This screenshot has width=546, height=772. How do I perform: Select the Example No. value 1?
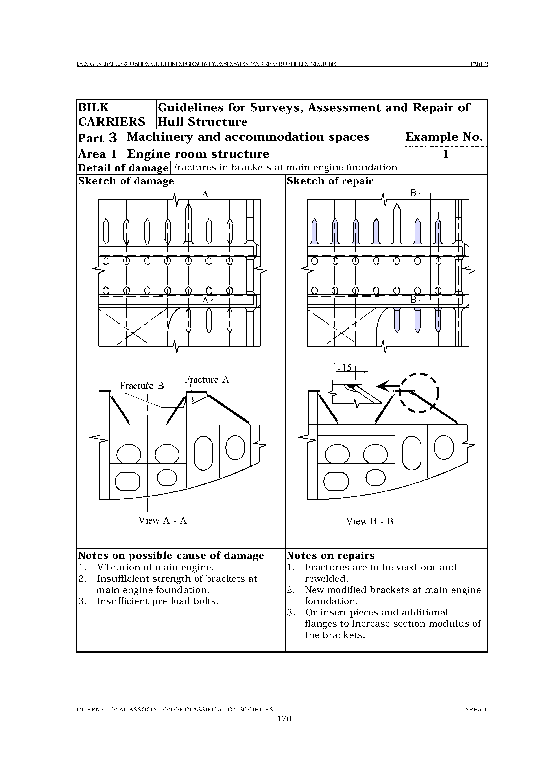[x=445, y=154]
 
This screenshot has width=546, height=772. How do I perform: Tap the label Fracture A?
[x=207, y=380]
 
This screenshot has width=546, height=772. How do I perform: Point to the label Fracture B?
[x=142, y=386]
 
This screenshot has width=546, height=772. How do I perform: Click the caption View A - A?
[x=162, y=520]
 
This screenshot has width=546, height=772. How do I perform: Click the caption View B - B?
[x=369, y=522]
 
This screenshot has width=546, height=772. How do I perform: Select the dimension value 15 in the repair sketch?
[x=347, y=368]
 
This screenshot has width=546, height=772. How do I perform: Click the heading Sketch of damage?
[x=126, y=181]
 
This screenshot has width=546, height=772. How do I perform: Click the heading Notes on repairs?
[x=330, y=555]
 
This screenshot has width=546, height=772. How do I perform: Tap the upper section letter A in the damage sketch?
[x=205, y=194]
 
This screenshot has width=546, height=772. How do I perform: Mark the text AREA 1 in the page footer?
[x=476, y=710]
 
